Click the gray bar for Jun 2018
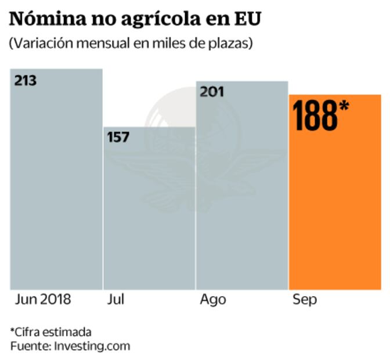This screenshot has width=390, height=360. (x=56, y=186)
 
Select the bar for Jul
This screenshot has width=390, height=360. (x=149, y=215)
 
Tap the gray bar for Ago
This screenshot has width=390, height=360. (x=242, y=192)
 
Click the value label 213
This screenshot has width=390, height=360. (x=26, y=80)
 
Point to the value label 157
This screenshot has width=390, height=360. (x=118, y=138)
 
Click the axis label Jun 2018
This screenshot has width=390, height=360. (x=43, y=300)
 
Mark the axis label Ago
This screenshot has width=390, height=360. (x=213, y=300)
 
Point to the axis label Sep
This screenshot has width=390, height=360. (x=305, y=300)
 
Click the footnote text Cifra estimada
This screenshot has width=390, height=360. (x=53, y=332)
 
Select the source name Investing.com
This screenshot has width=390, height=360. (x=92, y=346)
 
